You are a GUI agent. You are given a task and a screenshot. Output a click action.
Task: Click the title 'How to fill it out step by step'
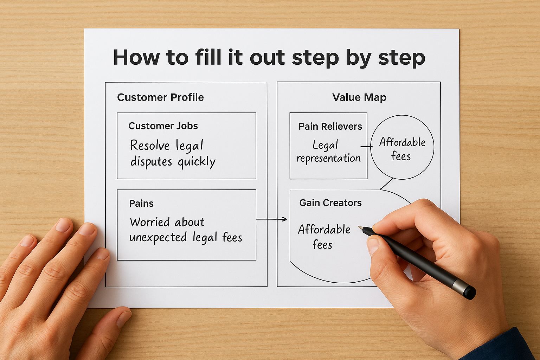click(269, 57)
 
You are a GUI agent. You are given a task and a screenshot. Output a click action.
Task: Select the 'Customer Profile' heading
click(160, 97)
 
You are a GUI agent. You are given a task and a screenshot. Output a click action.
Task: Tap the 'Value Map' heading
click(359, 97)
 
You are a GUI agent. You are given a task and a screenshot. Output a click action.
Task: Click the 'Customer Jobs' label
click(163, 126)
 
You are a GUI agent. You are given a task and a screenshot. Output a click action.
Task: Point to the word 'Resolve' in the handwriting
click(150, 145)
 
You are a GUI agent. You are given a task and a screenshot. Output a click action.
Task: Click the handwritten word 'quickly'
click(197, 162)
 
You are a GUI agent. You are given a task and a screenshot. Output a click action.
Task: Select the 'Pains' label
click(141, 204)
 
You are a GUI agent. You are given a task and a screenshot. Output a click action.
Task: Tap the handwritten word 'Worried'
click(150, 222)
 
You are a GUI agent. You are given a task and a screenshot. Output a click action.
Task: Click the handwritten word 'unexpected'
click(158, 238)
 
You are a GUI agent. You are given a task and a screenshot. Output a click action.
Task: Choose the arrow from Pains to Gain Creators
click(271, 219)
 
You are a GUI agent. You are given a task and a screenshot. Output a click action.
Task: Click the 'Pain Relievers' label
click(330, 127)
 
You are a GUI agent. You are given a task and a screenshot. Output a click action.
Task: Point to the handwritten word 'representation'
click(329, 159)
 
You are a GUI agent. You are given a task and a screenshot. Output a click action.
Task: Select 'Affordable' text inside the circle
click(402, 142)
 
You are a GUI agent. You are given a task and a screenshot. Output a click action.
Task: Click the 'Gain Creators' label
click(330, 203)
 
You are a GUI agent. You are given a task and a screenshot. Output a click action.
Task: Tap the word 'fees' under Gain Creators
click(322, 245)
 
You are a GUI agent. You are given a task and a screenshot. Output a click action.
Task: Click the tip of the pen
click(360, 227)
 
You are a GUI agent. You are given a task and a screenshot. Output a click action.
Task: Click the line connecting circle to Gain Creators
click(387, 184)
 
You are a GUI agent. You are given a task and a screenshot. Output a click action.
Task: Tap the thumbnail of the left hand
click(124, 318)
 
